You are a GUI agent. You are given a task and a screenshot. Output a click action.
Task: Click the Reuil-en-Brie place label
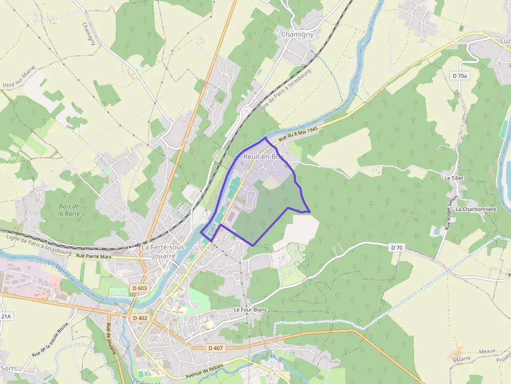coord(264,156)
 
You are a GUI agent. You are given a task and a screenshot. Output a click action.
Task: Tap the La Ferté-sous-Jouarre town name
coord(164,251)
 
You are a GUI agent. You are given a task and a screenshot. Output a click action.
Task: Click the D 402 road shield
coord(140,318)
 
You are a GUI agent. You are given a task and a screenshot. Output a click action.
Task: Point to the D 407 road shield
coord(215,348)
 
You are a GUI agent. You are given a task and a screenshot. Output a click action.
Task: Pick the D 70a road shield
coord(460,76)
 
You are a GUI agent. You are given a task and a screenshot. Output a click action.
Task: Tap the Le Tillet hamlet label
coord(454,178)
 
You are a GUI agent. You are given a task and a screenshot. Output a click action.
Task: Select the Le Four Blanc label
coord(250,309)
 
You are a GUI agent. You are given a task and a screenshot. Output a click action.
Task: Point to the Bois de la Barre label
coord(69,209)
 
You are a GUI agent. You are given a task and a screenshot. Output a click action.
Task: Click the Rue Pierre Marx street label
coord(94,256)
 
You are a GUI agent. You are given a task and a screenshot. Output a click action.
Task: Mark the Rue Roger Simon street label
coord(452,213)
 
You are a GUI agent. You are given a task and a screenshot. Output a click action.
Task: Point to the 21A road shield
coord(5,316)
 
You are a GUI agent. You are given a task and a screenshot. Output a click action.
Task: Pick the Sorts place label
coord(9,368)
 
